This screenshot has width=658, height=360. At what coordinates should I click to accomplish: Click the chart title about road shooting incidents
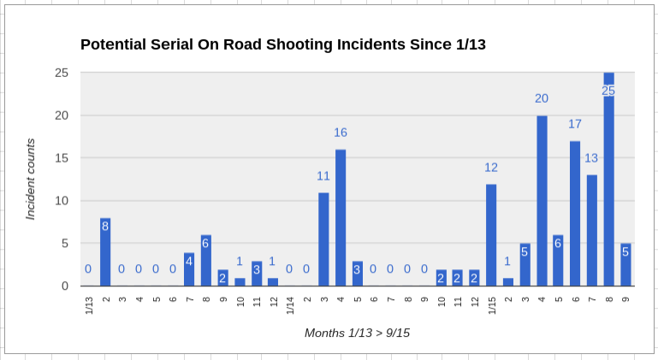tap(283, 44)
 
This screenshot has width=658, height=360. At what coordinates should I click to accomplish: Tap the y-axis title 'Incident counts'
tap(31, 179)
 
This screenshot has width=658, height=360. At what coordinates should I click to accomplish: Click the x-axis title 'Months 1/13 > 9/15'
tap(357, 332)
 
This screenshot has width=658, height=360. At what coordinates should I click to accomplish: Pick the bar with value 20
tap(542, 201)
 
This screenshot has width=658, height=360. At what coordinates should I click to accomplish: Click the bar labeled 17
tap(575, 214)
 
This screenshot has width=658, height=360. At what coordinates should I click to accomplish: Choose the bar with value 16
tap(341, 218)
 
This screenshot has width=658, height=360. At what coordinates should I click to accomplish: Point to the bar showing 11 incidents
tap(323, 239)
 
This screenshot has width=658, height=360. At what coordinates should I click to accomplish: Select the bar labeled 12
tap(491, 235)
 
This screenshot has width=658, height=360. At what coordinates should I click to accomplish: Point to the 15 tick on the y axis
tap(62, 158)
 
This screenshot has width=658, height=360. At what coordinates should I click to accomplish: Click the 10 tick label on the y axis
tap(62, 201)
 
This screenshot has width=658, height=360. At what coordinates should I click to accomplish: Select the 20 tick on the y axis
tap(62, 115)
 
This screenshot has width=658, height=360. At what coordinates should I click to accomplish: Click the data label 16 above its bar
tap(341, 133)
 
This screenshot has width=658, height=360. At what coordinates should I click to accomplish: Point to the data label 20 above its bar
tap(542, 98)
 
